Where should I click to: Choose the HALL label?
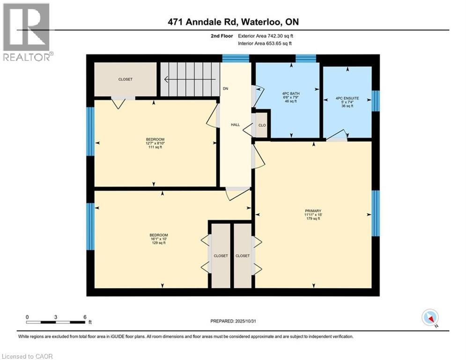[235, 125]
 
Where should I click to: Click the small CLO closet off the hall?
[262, 125]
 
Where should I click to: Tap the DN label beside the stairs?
[225, 88]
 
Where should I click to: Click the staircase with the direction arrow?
[190, 80]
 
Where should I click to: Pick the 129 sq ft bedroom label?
[158, 239]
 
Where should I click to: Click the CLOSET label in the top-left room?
[125, 79]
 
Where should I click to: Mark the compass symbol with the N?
[430, 317]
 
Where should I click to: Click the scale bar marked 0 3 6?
[56, 321]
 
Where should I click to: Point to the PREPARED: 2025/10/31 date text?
[234, 321]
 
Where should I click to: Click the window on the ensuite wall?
[375, 101]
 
